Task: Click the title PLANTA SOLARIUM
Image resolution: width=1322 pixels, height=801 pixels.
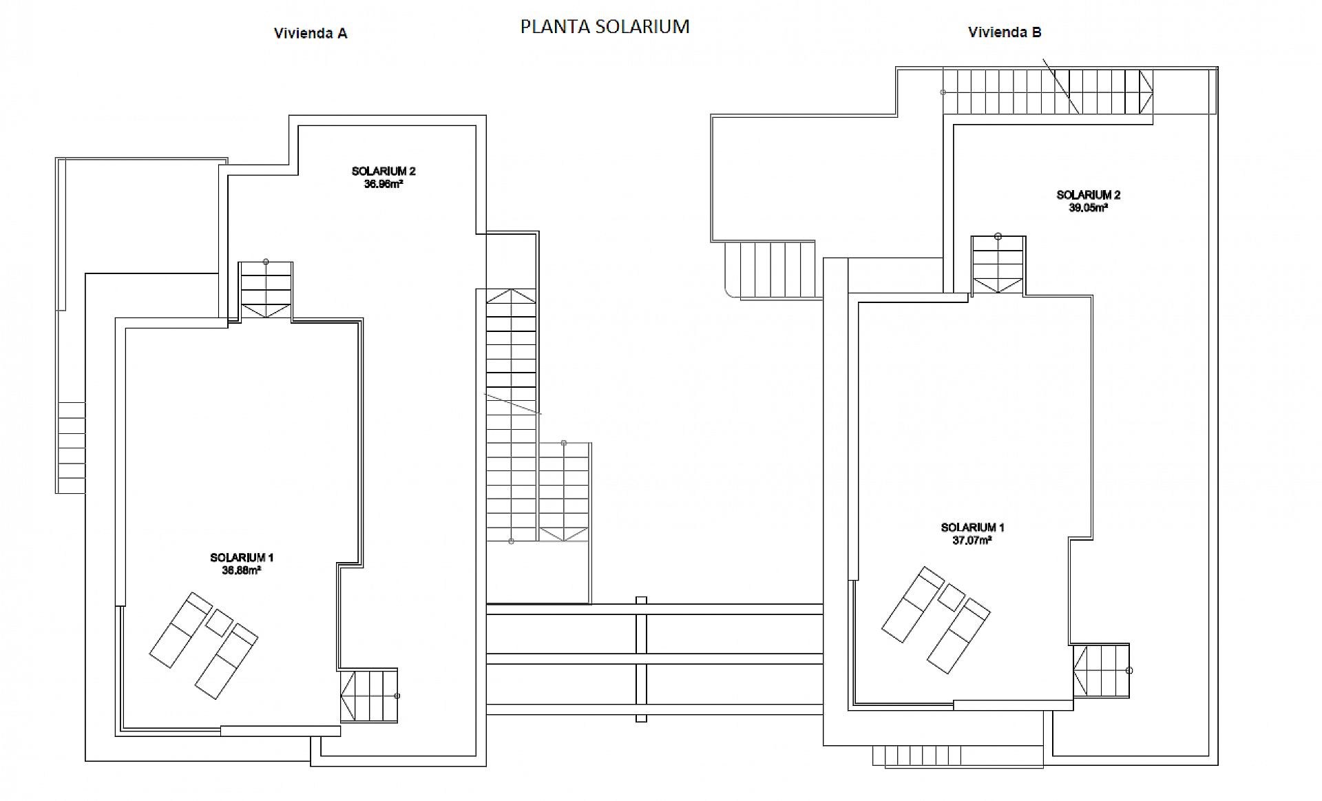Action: click(605, 27)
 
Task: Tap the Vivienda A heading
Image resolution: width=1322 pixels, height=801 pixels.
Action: click(311, 33)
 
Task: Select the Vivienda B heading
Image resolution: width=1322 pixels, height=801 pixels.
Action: click(1005, 32)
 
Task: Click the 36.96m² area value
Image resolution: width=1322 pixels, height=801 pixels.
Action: click(384, 185)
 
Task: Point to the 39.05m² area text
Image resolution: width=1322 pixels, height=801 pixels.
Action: click(1088, 208)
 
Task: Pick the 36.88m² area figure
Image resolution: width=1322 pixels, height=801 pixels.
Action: click(241, 571)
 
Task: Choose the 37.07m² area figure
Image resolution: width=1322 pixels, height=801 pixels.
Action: click(972, 541)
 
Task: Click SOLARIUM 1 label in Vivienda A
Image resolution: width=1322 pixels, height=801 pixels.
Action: click(242, 558)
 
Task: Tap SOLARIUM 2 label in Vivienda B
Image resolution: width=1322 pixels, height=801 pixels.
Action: click(1088, 195)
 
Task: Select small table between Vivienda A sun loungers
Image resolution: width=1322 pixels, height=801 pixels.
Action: click(219, 623)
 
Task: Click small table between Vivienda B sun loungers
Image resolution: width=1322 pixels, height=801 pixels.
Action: click(951, 597)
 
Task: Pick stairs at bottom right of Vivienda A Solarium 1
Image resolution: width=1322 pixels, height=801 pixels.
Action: click(369, 696)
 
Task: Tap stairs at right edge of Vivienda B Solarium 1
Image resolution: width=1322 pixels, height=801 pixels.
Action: click(1101, 671)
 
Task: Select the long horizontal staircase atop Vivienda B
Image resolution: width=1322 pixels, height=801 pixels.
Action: click(1047, 92)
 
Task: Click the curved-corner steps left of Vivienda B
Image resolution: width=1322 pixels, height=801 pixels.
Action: click(770, 269)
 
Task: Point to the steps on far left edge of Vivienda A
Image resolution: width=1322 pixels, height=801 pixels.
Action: click(71, 448)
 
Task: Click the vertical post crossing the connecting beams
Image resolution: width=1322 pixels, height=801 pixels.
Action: click(641, 659)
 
